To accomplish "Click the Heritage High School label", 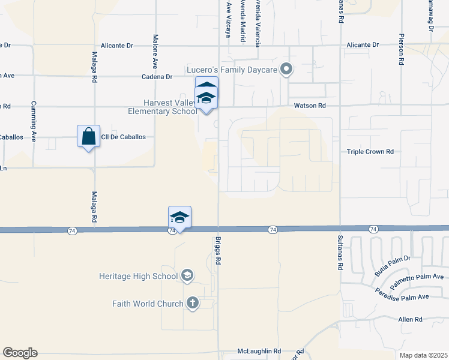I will tap(139, 276).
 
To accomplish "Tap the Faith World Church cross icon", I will tap(192, 303).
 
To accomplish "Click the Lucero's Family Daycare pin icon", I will tap(287, 70).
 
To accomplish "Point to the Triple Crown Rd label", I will tap(370, 152).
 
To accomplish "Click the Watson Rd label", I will tap(309, 106).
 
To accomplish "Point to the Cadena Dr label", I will tap(157, 77).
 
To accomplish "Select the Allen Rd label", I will tap(411, 320).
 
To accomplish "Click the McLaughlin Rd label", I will tap(259, 351).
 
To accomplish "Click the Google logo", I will tap(20, 353).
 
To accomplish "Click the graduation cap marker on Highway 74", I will tap(180, 217).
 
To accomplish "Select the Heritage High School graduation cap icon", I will tap(187, 275).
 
